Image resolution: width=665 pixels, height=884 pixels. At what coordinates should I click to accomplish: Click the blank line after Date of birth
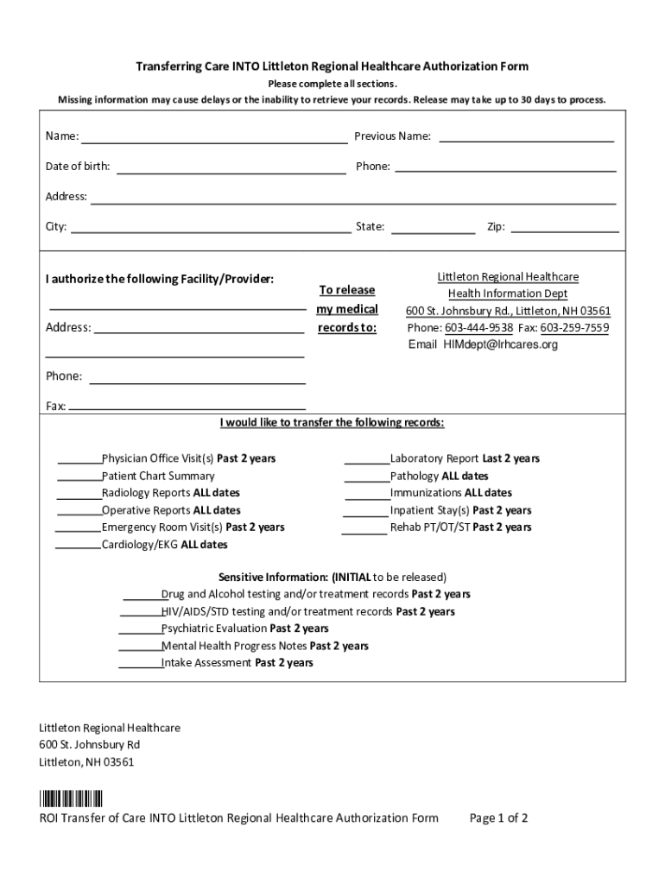(x=231, y=169)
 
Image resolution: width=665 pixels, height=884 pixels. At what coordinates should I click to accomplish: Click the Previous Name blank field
(x=527, y=138)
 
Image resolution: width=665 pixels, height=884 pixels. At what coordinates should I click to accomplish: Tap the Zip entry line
(x=565, y=230)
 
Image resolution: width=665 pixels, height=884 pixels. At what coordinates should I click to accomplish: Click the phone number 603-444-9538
(x=478, y=328)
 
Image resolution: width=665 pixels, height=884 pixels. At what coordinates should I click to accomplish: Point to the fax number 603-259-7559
(x=574, y=328)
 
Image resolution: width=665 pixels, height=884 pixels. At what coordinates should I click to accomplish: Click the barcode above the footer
(x=71, y=799)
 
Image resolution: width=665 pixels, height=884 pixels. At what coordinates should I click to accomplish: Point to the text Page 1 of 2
(x=498, y=818)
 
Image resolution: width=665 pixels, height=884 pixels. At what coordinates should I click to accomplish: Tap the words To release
(x=347, y=290)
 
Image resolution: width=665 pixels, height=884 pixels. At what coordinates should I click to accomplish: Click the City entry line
(x=210, y=230)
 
